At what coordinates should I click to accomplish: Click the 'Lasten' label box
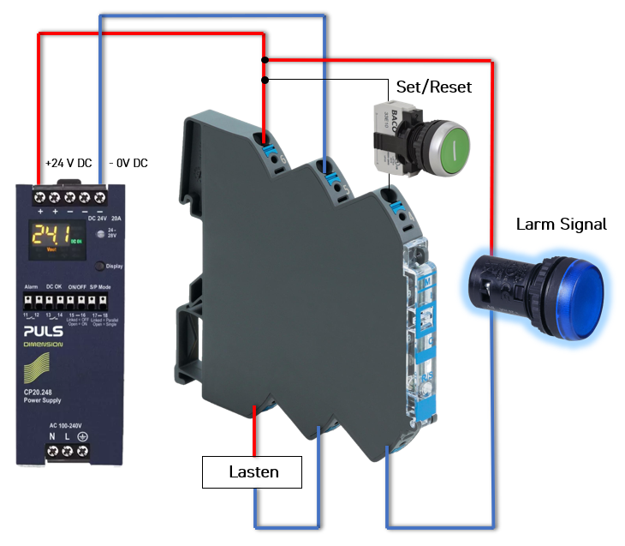point(253,471)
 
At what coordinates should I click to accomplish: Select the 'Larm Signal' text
point(561,225)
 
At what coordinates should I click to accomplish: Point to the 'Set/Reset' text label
point(433,87)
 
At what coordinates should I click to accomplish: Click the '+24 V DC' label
point(68,163)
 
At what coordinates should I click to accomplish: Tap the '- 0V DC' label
point(129,163)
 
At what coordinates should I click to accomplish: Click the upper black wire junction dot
point(265,60)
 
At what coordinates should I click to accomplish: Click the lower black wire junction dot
point(265,80)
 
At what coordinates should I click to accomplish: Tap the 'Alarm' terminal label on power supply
point(31,286)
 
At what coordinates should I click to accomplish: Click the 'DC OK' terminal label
point(54,286)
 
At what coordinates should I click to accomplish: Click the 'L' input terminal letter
point(67,438)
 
